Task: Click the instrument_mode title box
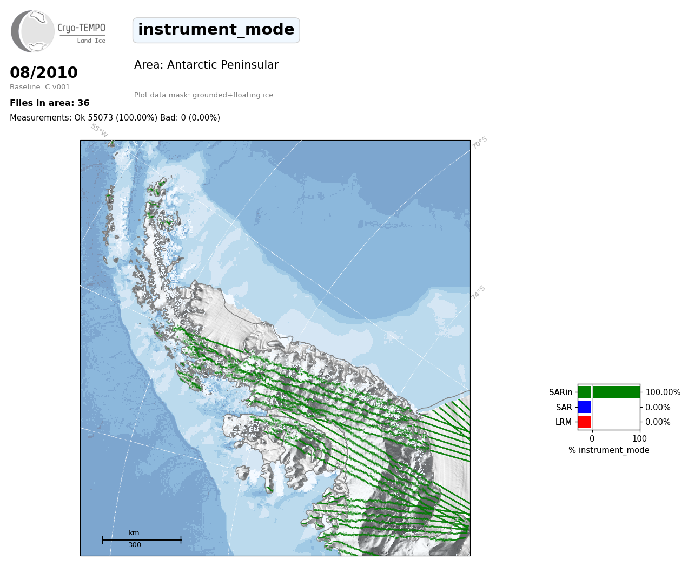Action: pyautogui.click(x=216, y=30)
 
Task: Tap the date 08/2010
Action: pyautogui.click(x=44, y=72)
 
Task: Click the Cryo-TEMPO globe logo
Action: pyautogui.click(x=32, y=31)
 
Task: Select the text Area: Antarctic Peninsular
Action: pyautogui.click(x=206, y=64)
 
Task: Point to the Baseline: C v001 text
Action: pyautogui.click(x=40, y=87)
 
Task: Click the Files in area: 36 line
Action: pyautogui.click(x=49, y=103)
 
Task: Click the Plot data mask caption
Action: pyautogui.click(x=203, y=95)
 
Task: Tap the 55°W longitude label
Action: pyautogui.click(x=99, y=130)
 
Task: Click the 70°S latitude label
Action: pyautogui.click(x=479, y=143)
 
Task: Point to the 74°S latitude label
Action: pyautogui.click(x=478, y=293)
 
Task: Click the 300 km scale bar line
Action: pyautogui.click(x=142, y=539)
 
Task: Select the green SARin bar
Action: pyautogui.click(x=609, y=392)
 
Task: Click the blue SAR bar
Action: pyautogui.click(x=585, y=407)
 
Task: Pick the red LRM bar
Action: pyautogui.click(x=585, y=422)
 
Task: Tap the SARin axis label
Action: pyautogui.click(x=560, y=392)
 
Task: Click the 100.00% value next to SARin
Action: pyautogui.click(x=663, y=392)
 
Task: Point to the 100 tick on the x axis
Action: pyautogui.click(x=639, y=438)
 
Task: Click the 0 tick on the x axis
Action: pyautogui.click(x=592, y=438)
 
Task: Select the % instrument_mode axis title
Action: pyautogui.click(x=609, y=450)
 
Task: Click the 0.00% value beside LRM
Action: pyautogui.click(x=658, y=422)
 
